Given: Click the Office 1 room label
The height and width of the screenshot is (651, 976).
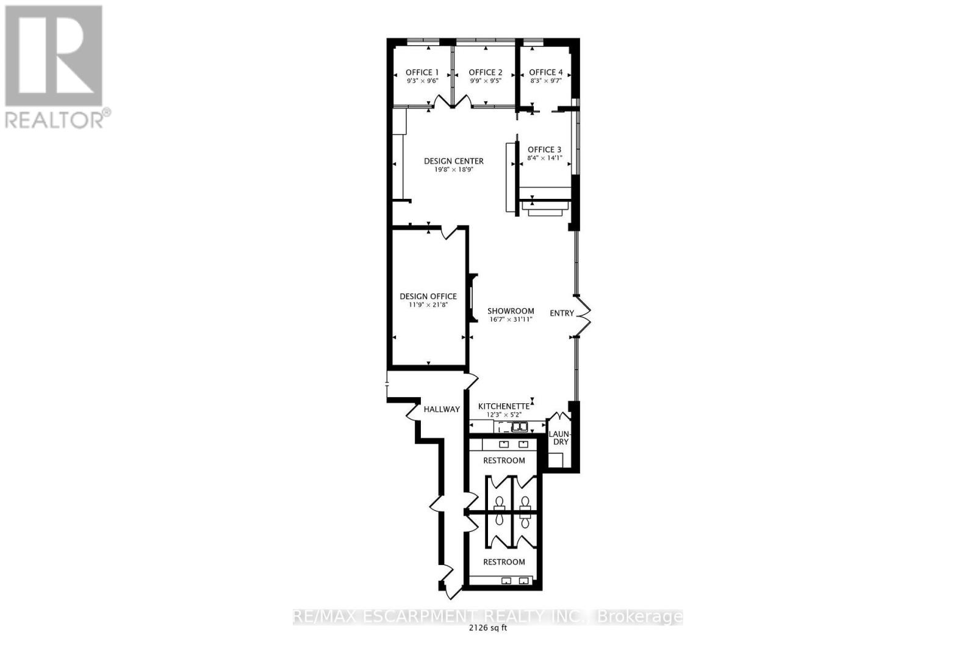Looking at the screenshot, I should [423, 72].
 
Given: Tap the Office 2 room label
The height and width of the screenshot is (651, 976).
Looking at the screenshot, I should [486, 72].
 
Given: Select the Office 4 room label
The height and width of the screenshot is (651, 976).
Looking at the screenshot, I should [546, 72].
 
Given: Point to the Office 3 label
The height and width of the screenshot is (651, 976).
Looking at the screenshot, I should [545, 149].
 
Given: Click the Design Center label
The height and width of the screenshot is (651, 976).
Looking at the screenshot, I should [454, 161].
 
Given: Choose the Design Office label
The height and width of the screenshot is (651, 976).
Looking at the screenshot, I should [428, 297].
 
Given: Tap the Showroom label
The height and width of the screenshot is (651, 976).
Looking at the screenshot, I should [511, 311].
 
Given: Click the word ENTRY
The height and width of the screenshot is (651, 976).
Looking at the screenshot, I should [562, 313].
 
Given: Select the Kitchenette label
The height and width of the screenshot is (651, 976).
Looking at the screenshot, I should [503, 406].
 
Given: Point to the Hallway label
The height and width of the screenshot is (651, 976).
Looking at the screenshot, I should [442, 409].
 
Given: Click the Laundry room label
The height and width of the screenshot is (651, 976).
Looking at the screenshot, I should [560, 438].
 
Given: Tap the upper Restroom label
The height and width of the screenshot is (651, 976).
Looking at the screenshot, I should [504, 460].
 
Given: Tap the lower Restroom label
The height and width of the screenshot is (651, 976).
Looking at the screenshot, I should [504, 562].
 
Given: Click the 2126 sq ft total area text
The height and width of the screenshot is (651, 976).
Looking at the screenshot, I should [487, 630].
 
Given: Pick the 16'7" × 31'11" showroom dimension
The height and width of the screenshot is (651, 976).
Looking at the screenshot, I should [511, 319].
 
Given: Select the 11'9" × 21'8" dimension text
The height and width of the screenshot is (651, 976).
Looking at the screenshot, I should [428, 304].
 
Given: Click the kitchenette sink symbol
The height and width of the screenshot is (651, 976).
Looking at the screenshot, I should [520, 427].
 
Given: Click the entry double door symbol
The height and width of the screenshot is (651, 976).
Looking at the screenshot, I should [584, 316].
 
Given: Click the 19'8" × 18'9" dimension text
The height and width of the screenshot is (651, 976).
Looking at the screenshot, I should [454, 170].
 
